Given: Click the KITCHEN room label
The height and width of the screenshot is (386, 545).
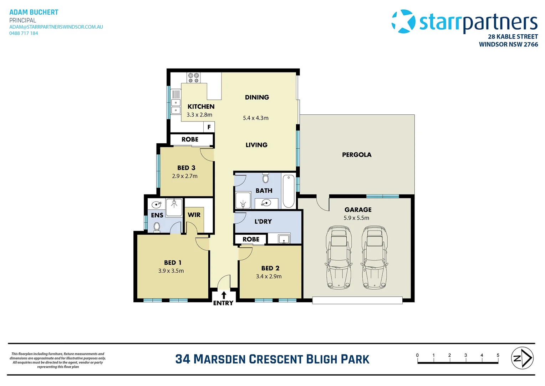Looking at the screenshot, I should pos(201,107).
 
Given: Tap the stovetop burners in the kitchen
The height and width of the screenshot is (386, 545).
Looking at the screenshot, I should pos(194,78).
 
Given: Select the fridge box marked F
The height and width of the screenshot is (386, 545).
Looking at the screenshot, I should pos(209,127).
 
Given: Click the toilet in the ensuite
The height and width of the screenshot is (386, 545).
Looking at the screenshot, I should pos(157,227).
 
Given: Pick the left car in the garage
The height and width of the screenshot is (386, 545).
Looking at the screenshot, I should pos(338,257).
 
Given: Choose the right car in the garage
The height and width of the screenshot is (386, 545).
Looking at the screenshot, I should pos(374,257).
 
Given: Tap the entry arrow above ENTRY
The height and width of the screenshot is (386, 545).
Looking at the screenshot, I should pos(224,295).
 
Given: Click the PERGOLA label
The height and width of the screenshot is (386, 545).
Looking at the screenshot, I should pos(357,155).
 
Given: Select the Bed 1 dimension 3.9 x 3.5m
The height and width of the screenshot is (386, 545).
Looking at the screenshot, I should pos(171,271).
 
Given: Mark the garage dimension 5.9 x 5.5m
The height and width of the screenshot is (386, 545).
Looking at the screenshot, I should pos(356,218).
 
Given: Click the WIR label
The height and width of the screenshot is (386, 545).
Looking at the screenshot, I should pos(194,215).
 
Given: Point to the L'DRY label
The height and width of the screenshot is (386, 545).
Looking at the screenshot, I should pos(263,222).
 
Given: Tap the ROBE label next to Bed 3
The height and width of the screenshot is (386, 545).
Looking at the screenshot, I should pos(190,139).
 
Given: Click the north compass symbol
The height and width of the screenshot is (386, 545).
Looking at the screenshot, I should pos(522,358).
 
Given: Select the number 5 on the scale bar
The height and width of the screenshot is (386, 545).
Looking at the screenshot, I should pos(498,355).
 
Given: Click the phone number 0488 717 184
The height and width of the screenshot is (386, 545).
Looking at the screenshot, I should pos(24,33).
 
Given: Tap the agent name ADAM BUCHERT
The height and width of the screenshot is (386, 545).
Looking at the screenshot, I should pos(34,12).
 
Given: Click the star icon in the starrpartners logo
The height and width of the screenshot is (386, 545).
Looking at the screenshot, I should pos(404,21).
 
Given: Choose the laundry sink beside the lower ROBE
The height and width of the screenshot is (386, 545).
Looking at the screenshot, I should pos(284,239).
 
